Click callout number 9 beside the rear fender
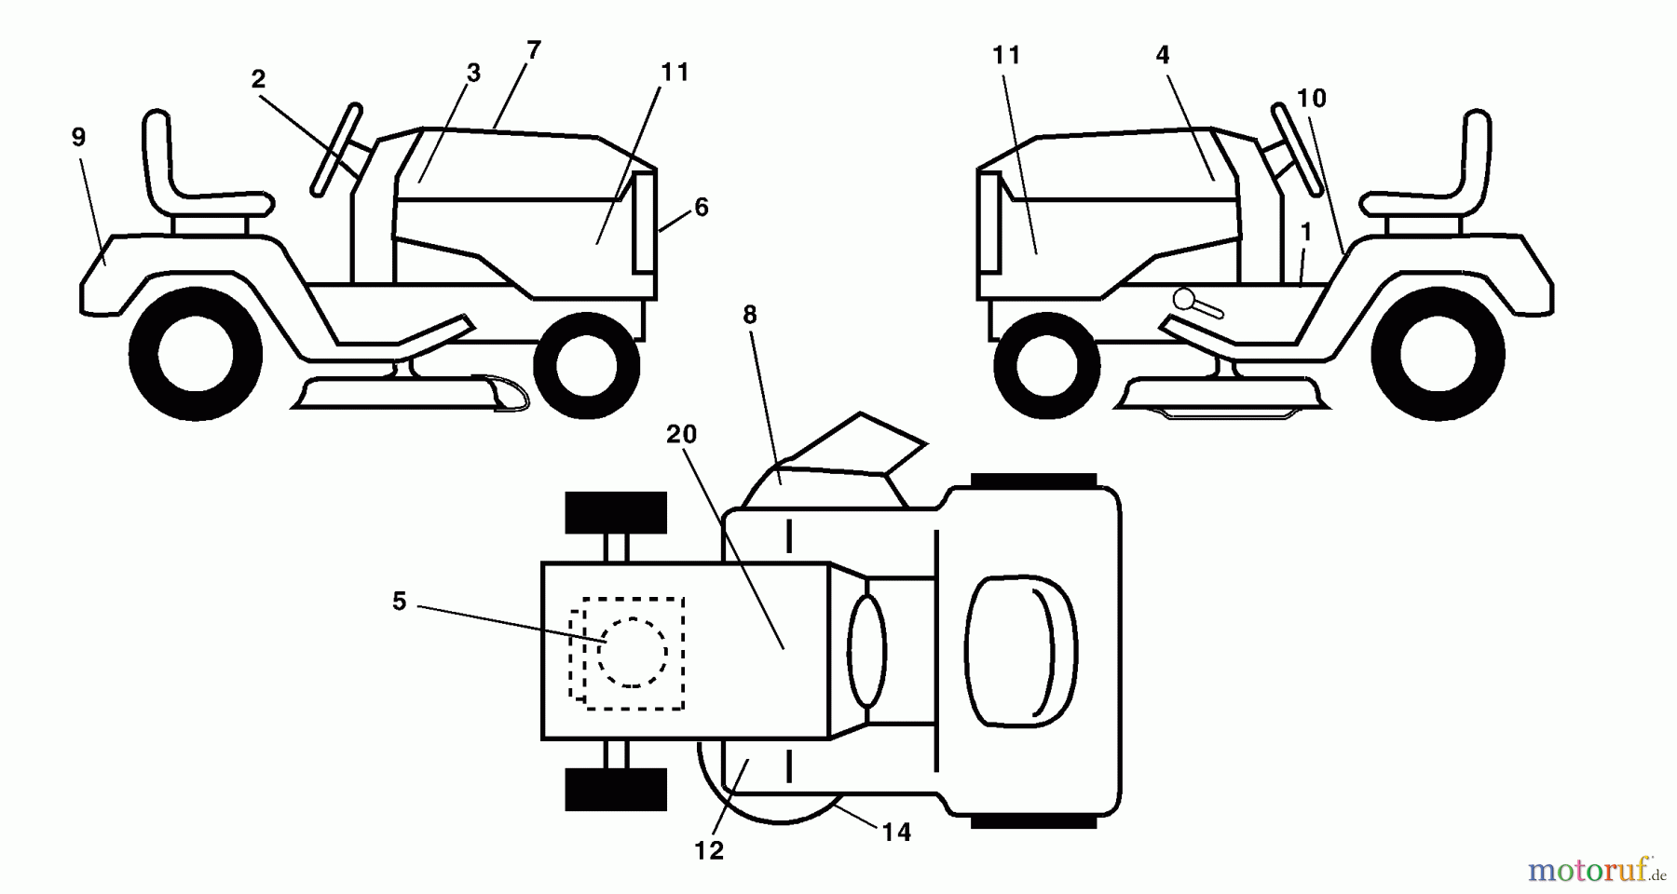pyautogui.click(x=78, y=138)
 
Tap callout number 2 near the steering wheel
pyautogui.click(x=258, y=80)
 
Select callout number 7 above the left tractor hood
pyautogui.click(x=533, y=50)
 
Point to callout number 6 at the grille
pyautogui.click(x=702, y=207)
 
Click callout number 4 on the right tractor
pyautogui.click(x=1162, y=55)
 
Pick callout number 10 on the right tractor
pyautogui.click(x=1311, y=98)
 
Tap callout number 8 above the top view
pyautogui.click(x=750, y=315)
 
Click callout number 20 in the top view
pyautogui.click(x=682, y=434)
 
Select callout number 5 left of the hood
pyautogui.click(x=399, y=602)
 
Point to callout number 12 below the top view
pyautogui.click(x=709, y=850)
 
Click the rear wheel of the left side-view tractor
pyautogui.click(x=196, y=354)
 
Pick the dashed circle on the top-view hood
pyautogui.click(x=633, y=653)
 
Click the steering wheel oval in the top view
pyautogui.click(x=866, y=650)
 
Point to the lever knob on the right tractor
pyautogui.click(x=1185, y=299)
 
